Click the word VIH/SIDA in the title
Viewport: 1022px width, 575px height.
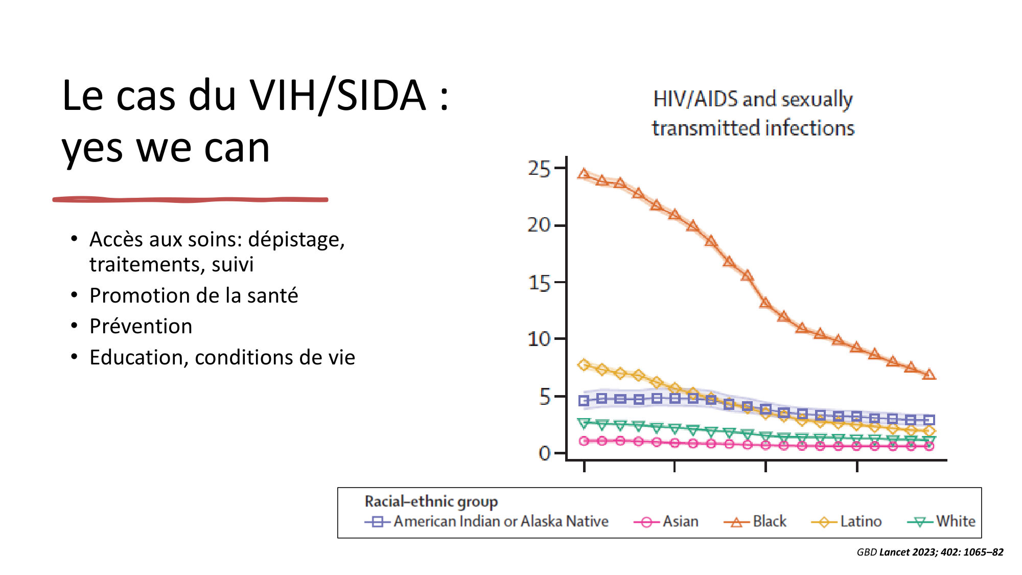[338, 96]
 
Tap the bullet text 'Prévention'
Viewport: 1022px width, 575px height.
[141, 326]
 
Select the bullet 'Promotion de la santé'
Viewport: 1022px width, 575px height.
[194, 295]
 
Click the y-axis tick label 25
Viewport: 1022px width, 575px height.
[539, 169]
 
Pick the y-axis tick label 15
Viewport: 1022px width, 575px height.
[539, 283]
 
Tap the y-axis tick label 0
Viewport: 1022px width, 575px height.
[545, 453]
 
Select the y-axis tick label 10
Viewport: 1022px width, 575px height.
[539, 339]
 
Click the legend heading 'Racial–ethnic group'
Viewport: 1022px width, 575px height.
[431, 501]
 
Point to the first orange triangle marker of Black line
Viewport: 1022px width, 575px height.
[584, 174]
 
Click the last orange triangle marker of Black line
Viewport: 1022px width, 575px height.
[930, 375]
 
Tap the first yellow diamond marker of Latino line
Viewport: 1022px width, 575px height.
[584, 365]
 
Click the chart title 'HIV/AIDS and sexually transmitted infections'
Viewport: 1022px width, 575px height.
[753, 113]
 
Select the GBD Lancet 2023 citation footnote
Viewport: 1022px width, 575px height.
[930, 552]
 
